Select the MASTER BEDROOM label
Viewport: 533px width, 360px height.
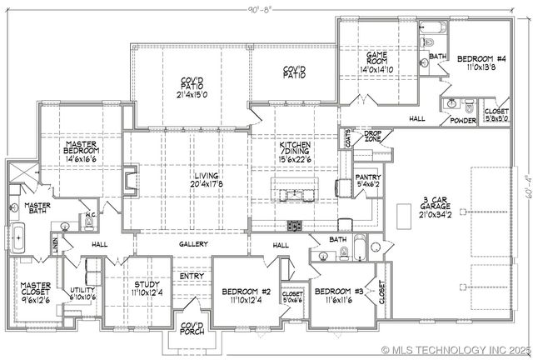tap(83, 148)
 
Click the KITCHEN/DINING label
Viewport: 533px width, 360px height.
tap(296, 148)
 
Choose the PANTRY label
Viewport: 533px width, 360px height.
tap(367, 177)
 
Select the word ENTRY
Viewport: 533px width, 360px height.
tap(192, 276)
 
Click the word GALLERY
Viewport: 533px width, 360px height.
tap(192, 244)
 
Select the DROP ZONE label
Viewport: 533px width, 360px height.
tap(372, 136)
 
